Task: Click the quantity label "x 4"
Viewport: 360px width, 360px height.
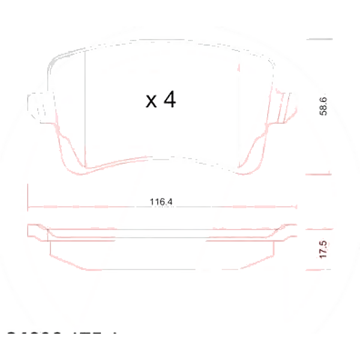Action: click(x=161, y=100)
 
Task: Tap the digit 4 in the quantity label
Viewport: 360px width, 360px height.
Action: click(x=169, y=100)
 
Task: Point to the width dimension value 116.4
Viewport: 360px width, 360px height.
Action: click(x=161, y=202)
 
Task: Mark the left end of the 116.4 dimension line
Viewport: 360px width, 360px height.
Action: click(x=29, y=207)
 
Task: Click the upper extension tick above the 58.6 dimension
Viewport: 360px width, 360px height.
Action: click(x=319, y=39)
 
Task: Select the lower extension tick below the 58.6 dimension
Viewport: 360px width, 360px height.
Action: click(x=319, y=175)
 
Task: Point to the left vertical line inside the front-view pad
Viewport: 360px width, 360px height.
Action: click(x=86, y=108)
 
